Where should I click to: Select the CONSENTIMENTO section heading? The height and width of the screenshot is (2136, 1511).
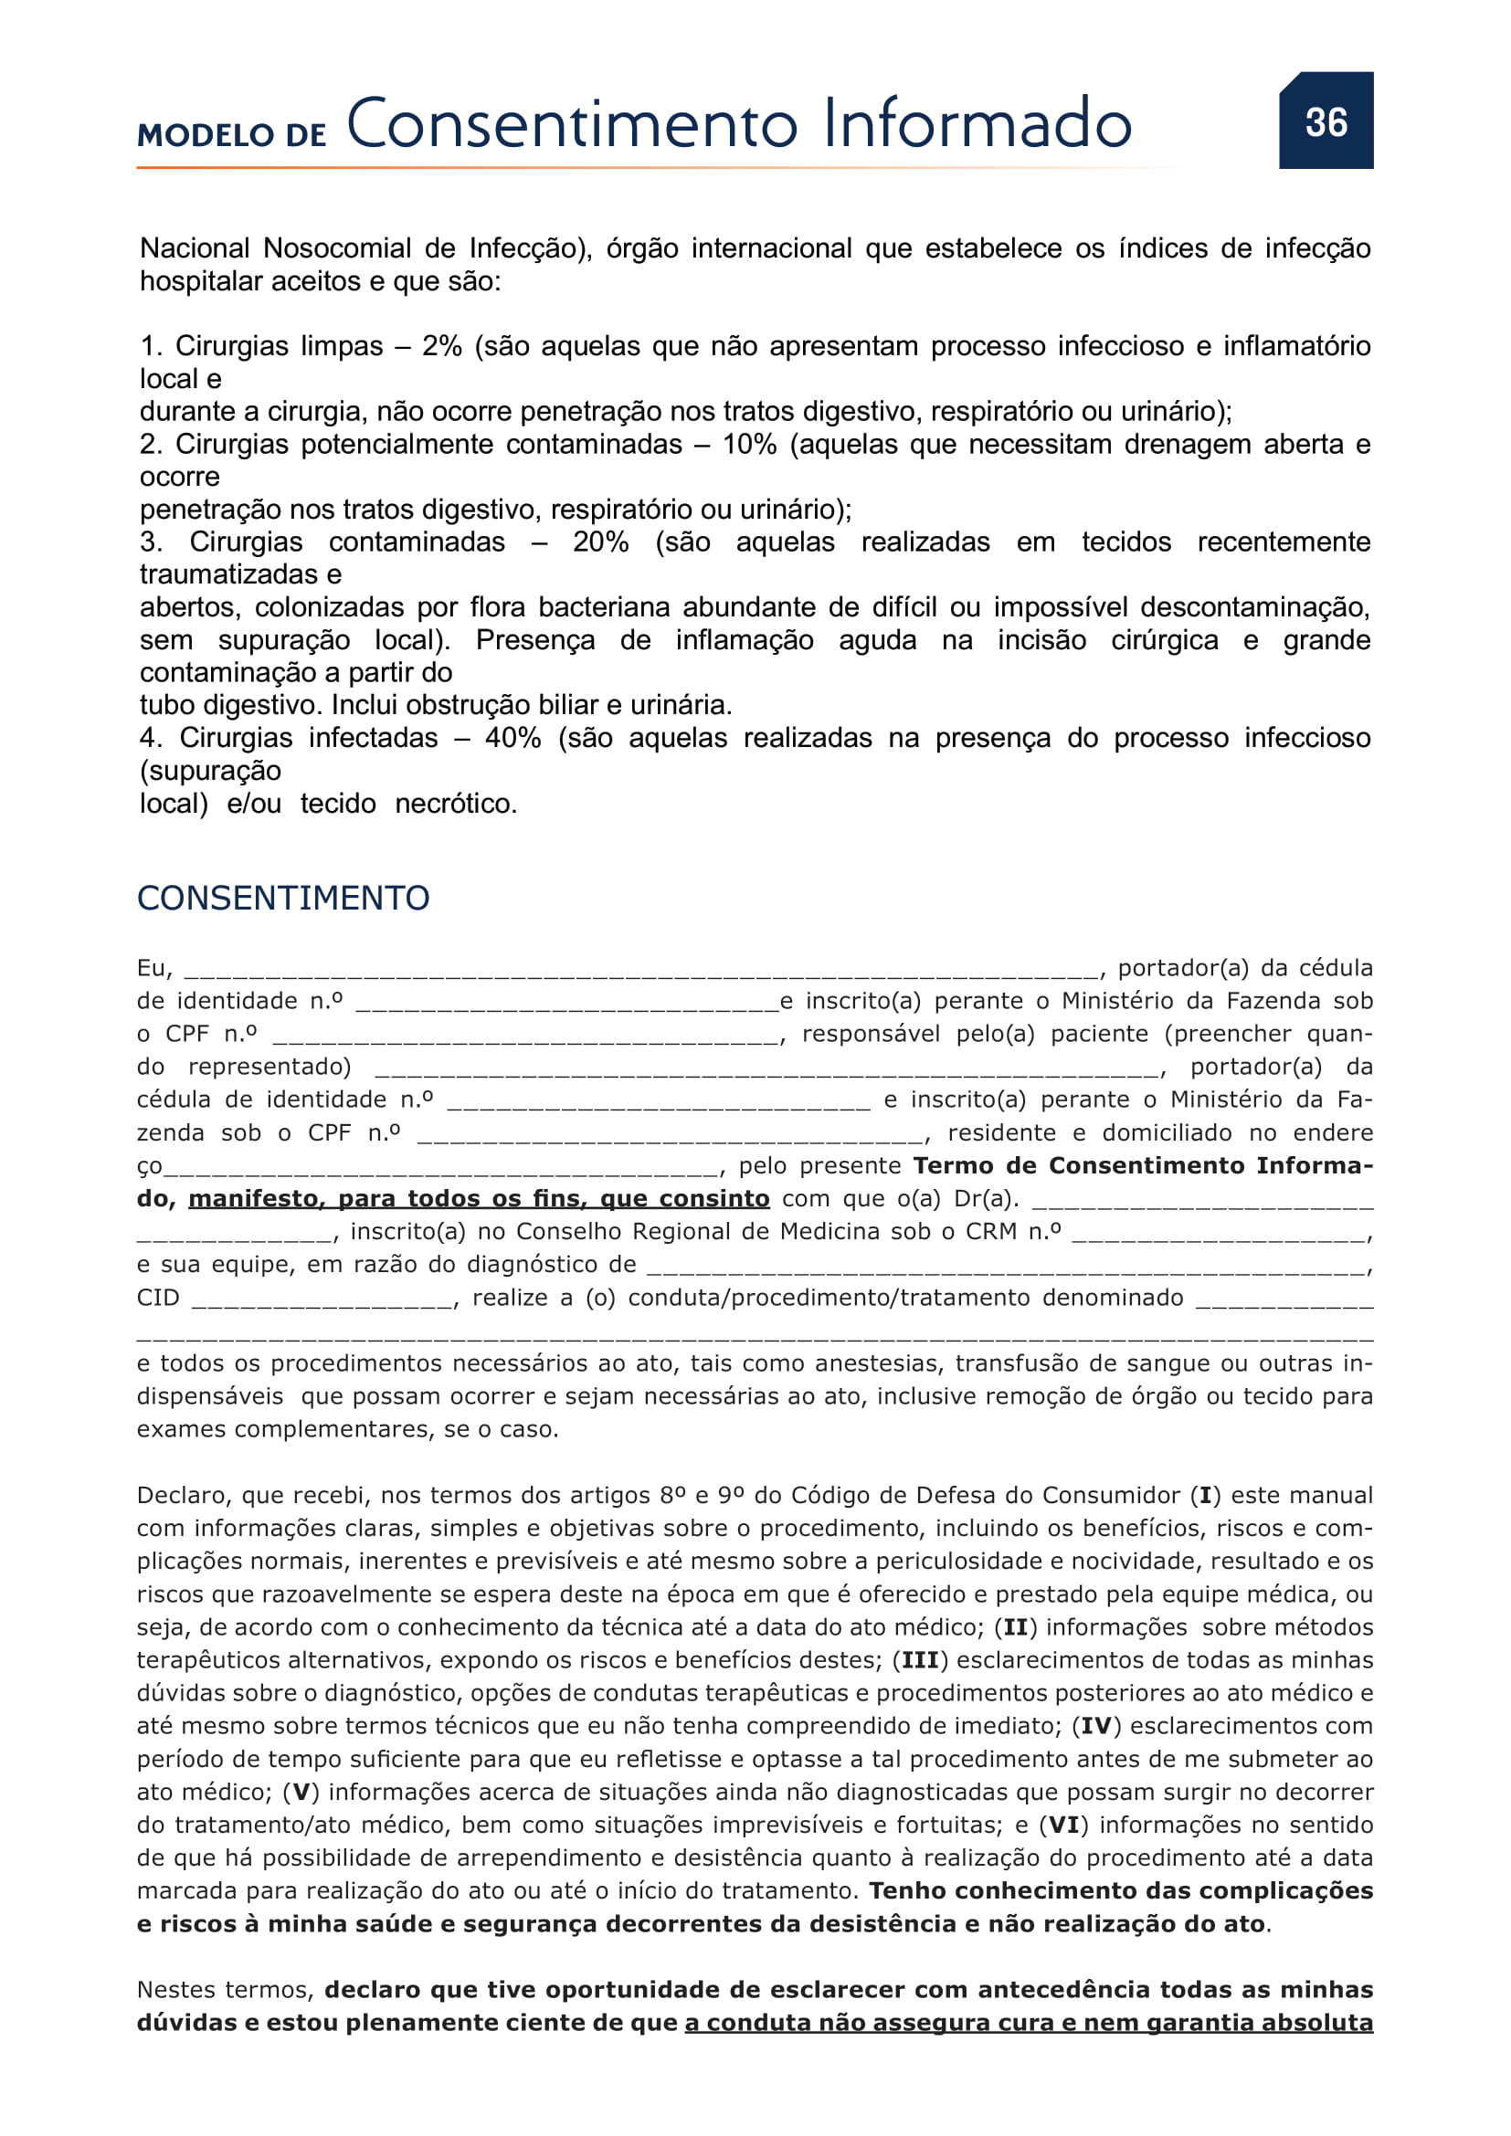(x=283, y=898)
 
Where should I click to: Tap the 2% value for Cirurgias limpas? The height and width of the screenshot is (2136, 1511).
(x=442, y=346)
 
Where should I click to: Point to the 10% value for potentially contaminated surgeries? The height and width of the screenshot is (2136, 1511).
(x=749, y=444)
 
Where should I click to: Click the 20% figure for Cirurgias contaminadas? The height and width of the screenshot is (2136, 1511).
(x=600, y=542)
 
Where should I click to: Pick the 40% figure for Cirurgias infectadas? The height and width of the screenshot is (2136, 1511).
(x=512, y=738)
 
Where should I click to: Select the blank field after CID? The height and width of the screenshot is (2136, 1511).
(x=322, y=1299)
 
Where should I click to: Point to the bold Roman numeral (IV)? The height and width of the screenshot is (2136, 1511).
(x=1096, y=1726)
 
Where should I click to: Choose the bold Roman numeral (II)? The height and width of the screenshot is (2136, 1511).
(x=1016, y=1627)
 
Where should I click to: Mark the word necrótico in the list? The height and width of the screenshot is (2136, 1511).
(x=455, y=803)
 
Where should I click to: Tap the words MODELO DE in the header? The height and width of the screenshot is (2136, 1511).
(x=232, y=135)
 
